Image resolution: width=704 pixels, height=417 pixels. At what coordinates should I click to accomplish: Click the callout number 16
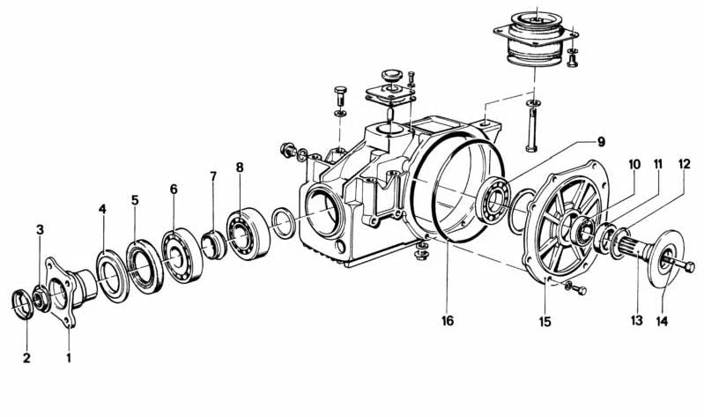coord(448,320)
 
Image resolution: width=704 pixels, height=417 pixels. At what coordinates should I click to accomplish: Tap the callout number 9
coord(601,142)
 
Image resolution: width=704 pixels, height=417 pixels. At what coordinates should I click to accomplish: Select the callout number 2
coord(26,358)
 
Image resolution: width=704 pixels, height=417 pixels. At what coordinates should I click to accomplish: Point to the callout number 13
coord(637,320)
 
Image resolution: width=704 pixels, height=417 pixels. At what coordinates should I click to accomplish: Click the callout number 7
coord(213,175)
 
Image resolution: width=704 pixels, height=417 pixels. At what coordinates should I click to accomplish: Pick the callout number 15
coord(545,322)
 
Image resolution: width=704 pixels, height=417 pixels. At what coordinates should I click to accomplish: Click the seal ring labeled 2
coord(22,305)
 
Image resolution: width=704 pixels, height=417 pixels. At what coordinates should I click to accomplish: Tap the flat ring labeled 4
coord(113,275)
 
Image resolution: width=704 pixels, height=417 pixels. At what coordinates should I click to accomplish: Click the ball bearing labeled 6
coord(182,256)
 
